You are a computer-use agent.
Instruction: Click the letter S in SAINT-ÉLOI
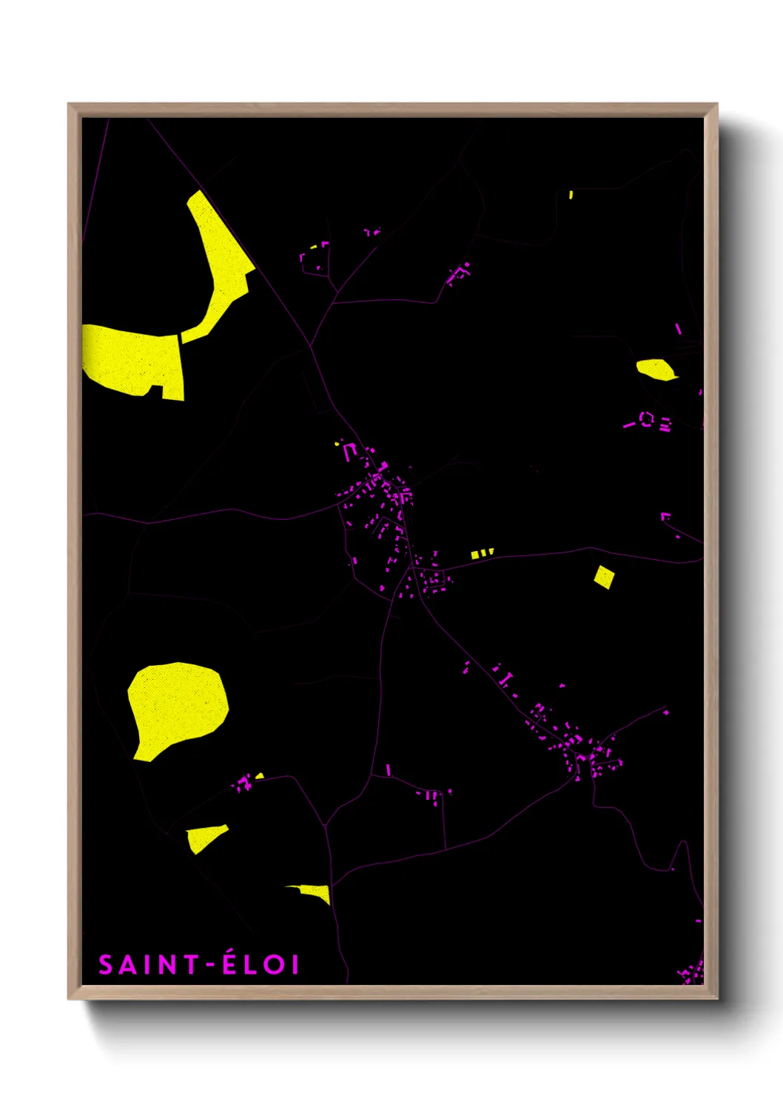[x=107, y=965]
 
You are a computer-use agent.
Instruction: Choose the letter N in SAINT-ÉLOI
[x=168, y=965]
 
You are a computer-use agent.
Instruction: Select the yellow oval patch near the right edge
[x=655, y=369]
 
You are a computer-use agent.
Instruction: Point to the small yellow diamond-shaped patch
[x=605, y=577]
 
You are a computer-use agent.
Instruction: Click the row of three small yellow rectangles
[x=481, y=553]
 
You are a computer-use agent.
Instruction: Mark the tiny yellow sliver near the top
[x=571, y=195]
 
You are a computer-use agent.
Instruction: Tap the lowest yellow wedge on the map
[x=315, y=892]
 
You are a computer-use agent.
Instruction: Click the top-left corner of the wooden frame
[x=70, y=105]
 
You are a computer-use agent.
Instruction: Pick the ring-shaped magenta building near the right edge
[x=646, y=420]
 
